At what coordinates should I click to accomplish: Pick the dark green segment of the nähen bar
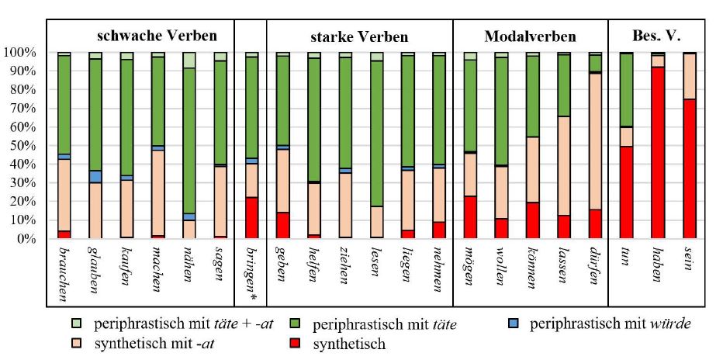click(189, 140)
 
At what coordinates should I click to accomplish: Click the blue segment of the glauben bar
click(95, 176)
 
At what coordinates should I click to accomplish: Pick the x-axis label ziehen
click(345, 268)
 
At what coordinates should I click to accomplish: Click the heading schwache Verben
click(156, 36)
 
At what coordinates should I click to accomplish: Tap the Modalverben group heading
click(530, 36)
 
